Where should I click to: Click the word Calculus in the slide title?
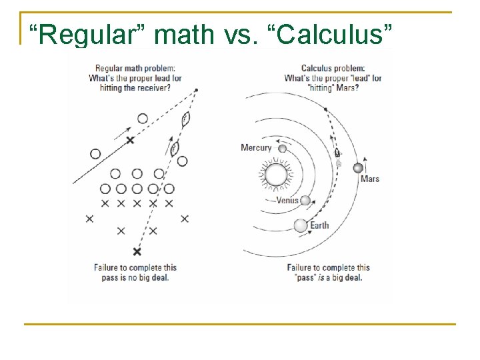click(333, 35)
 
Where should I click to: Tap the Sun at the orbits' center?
click(275, 176)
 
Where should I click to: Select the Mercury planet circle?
click(282, 149)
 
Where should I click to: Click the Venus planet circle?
click(305, 200)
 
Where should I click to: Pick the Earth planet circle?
click(301, 225)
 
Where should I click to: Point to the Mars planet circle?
click(358, 167)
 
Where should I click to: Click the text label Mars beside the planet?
click(370, 179)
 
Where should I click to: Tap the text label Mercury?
click(256, 148)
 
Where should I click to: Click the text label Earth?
click(320, 225)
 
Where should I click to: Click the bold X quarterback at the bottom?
click(137, 251)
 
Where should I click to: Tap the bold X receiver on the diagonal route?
click(130, 139)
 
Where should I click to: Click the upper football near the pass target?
click(186, 119)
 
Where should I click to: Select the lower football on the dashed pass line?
click(175, 148)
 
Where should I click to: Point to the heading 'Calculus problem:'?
click(333, 68)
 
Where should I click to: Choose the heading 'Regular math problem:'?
click(135, 68)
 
